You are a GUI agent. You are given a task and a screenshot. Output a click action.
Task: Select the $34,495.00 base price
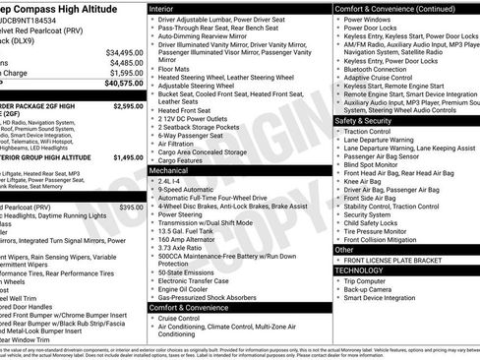124,51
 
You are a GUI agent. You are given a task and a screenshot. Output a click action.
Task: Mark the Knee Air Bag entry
365,181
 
